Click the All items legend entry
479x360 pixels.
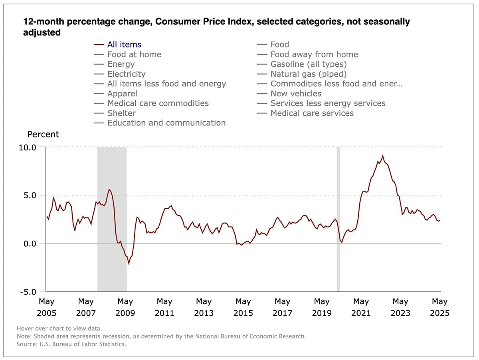(124, 45)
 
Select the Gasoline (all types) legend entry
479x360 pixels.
(308, 64)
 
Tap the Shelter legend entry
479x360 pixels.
(121, 113)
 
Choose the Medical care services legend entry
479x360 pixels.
(312, 113)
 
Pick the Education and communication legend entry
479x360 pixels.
(166, 123)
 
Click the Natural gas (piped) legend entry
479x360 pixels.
(308, 74)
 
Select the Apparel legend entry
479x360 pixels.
(122, 94)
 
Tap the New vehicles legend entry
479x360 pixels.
(296, 94)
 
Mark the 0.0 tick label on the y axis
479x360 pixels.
(29, 244)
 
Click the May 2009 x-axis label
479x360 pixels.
(125, 307)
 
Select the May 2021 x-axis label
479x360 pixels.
(361, 307)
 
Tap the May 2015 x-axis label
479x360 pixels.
(243, 307)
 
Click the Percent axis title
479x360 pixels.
(43, 135)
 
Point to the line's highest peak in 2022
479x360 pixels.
(383, 156)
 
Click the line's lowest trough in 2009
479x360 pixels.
(129, 263)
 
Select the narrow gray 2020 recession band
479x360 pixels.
(338, 220)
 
